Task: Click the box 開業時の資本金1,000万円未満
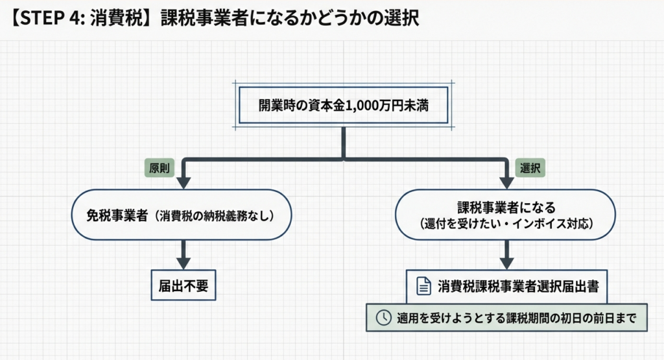tap(342, 104)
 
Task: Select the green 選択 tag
tap(530, 167)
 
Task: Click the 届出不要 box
tap(184, 286)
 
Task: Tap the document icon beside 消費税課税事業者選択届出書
tap(423, 286)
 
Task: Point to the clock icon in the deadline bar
tap(384, 317)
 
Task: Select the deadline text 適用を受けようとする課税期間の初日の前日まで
tap(515, 318)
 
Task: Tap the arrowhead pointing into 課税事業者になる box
tap(507, 182)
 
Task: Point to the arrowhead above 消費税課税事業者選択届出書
tap(507, 263)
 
